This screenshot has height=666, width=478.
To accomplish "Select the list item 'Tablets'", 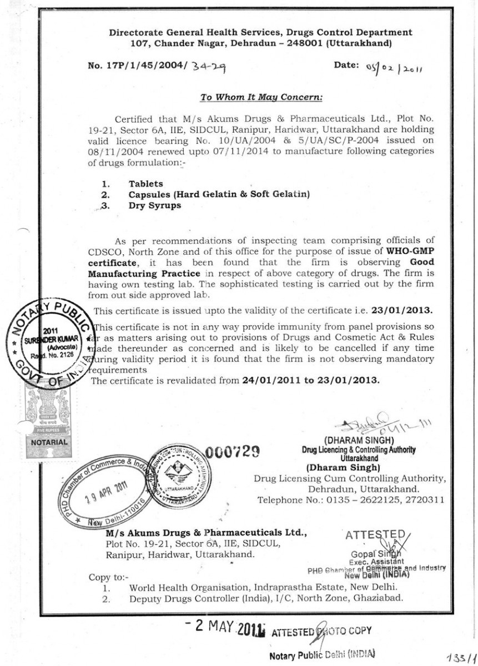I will [x=146, y=184].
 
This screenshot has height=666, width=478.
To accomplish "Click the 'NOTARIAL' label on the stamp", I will [x=49, y=442].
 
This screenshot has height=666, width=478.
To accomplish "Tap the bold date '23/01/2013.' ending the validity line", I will [x=410, y=310].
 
